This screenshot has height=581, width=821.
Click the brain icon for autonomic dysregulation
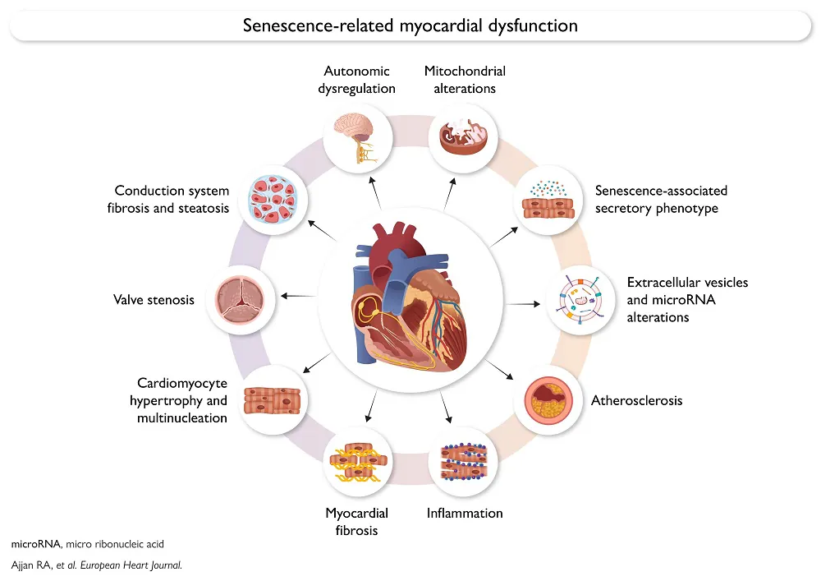point(356,138)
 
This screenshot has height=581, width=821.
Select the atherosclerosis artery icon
point(548,400)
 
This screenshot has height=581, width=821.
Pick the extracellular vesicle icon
point(580,301)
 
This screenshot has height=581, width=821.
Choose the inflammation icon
point(462,463)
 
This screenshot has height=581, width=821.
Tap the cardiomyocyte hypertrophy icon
point(273,399)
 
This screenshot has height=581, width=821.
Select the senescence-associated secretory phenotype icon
point(548,202)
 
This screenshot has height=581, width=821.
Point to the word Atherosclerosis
point(637,401)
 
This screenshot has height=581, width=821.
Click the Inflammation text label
point(465,514)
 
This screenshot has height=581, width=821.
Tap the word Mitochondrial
point(465,71)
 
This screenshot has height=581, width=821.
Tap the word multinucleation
point(181,418)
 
